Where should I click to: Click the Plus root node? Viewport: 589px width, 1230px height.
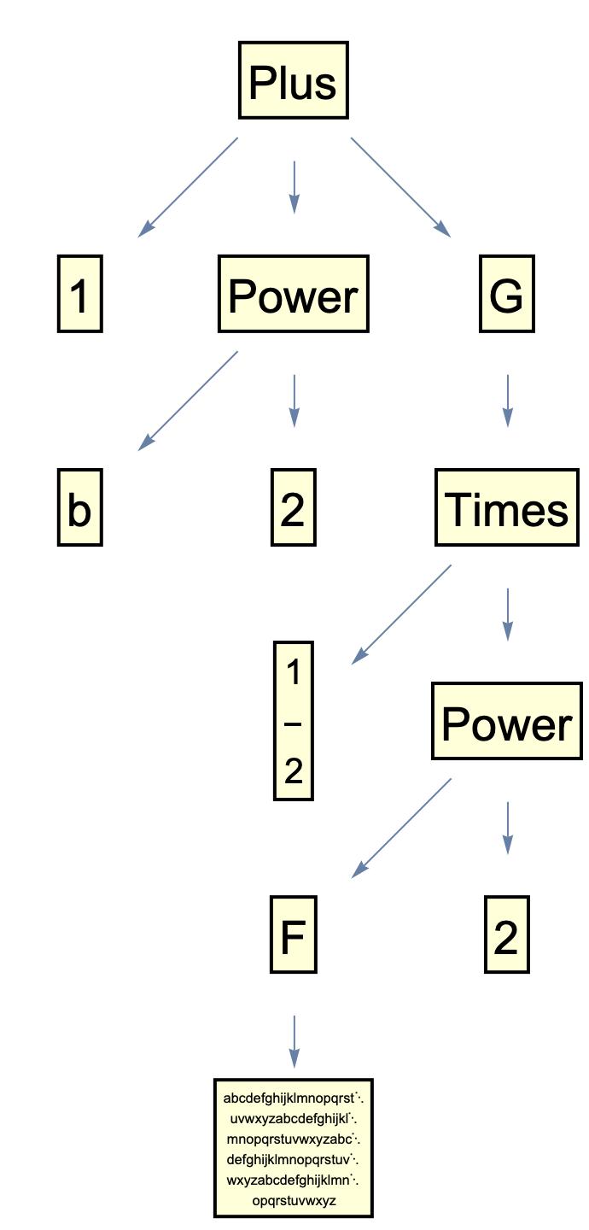(293, 80)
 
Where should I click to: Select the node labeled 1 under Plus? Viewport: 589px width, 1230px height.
(79, 294)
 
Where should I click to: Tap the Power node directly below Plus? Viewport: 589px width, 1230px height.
(293, 294)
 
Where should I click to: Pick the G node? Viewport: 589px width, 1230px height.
(506, 294)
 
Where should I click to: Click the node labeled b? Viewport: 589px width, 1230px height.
(79, 507)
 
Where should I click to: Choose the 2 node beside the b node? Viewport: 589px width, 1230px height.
(293, 507)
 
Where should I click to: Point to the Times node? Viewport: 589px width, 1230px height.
(506, 507)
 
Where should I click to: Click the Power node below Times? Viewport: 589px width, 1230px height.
(506, 722)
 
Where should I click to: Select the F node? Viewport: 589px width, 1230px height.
(293, 935)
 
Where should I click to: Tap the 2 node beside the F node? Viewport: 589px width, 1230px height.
(506, 935)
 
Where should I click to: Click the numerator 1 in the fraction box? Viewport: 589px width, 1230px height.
(294, 673)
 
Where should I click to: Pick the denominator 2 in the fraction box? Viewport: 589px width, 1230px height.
(294, 771)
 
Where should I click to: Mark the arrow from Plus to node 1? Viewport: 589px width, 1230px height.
(189, 186)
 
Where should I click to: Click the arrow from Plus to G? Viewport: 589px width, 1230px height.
(400, 186)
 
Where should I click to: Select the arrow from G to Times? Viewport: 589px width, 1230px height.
(508, 400)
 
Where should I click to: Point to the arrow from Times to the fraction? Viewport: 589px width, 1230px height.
(402, 613)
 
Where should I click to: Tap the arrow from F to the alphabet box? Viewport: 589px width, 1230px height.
(294, 1040)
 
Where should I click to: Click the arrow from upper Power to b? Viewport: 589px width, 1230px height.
(189, 400)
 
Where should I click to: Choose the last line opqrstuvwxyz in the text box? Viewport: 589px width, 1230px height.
(294, 1201)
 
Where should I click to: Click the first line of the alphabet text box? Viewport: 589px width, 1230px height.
(293, 1098)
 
